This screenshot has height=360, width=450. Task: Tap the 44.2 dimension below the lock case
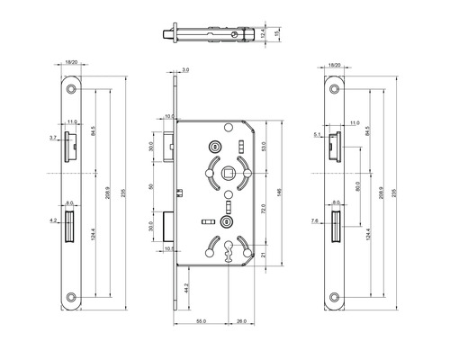184,288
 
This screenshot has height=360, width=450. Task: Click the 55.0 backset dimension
202,322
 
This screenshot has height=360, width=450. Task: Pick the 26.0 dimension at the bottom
243,322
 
